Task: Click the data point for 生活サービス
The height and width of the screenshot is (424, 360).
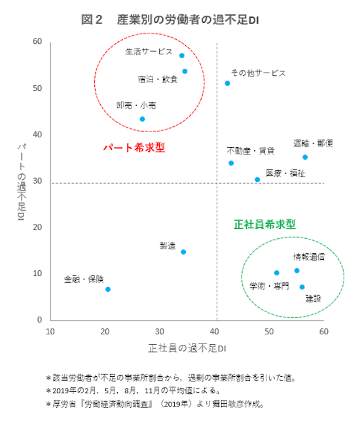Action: [x=182, y=56]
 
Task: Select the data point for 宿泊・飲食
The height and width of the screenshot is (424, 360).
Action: [x=185, y=71]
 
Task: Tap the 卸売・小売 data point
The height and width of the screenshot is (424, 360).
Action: [x=142, y=119]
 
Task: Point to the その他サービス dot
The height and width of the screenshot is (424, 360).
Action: [x=227, y=83]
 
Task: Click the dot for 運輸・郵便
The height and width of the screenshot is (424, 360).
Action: [x=305, y=157]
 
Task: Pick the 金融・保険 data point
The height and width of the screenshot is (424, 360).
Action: [x=108, y=289]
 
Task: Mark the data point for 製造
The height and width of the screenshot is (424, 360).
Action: [x=183, y=252]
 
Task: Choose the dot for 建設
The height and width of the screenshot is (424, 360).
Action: [x=302, y=287]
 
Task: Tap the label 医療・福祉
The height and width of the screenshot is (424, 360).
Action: [x=285, y=173]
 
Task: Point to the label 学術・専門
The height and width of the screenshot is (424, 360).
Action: [x=269, y=286]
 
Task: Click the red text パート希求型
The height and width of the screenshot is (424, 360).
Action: [x=134, y=148]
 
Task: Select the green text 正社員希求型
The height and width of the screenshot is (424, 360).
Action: [x=264, y=224]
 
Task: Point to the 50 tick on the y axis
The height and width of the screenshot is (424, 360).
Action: [x=38, y=88]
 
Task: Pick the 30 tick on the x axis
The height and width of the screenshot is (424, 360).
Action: [x=160, y=331]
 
